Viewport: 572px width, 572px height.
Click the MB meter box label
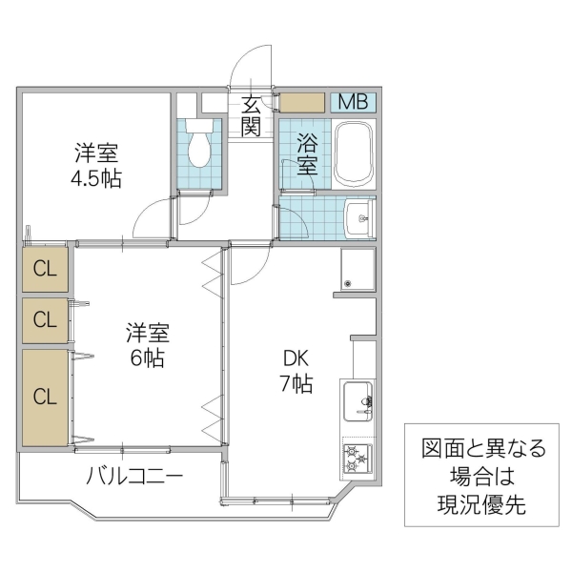pos(354,102)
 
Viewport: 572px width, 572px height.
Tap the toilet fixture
pos(199,143)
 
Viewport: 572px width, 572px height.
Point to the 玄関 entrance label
pos(251,114)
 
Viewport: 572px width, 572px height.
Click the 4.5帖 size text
pos(95,177)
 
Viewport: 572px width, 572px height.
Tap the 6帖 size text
pos(148,359)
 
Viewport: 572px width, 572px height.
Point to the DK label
pos(296,358)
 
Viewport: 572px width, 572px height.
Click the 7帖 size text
pos(296,384)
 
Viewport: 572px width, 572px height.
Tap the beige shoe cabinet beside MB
pos(302,102)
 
